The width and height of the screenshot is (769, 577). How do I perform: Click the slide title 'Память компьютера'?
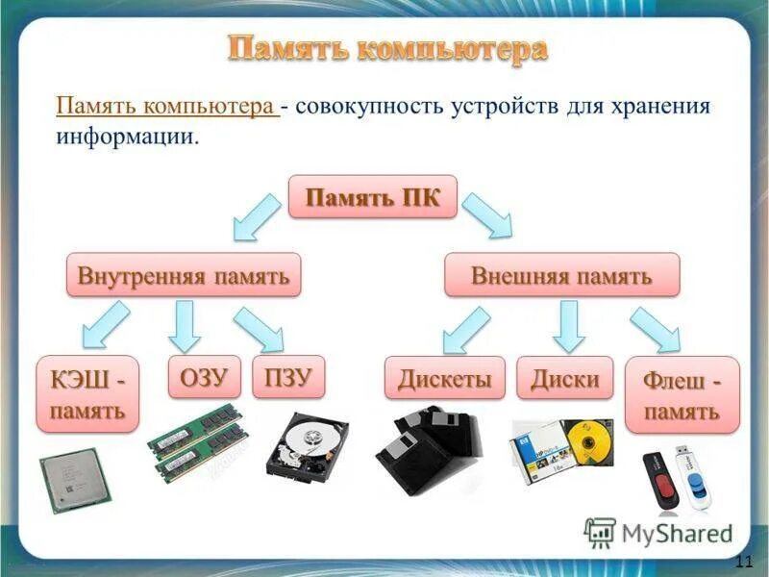click(387, 48)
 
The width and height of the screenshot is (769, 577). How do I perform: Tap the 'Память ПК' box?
click(373, 198)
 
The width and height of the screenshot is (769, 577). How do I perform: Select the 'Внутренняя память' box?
click(184, 276)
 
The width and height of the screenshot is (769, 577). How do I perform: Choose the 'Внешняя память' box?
click(561, 276)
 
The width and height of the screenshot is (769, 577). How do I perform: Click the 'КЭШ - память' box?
click(87, 394)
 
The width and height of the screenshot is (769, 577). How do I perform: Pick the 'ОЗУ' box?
click(205, 378)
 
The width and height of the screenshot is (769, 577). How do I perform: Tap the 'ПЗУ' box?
click(288, 378)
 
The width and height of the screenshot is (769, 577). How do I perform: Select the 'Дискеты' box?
click(445, 378)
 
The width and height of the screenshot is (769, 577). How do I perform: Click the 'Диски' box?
click(565, 378)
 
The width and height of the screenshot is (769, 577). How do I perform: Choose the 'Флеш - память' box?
click(682, 396)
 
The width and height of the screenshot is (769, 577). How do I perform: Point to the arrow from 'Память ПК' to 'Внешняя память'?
click(487, 213)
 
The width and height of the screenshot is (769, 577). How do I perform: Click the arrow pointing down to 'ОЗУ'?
click(184, 325)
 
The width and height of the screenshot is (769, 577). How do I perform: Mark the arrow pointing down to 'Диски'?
click(569, 325)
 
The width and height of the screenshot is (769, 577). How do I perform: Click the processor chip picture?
click(73, 481)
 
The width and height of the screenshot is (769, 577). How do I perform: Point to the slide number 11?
click(742, 563)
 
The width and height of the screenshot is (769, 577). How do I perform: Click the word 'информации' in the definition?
click(126, 138)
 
